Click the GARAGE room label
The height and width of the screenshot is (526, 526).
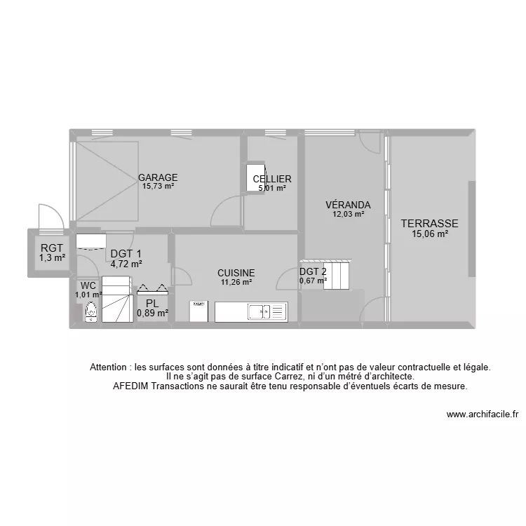158,177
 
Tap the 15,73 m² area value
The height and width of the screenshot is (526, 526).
158,187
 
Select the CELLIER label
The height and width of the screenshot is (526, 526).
272,180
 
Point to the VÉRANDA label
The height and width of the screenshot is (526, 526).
348,205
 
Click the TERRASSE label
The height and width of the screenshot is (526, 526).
429,224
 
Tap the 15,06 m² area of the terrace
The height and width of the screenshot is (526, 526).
429,235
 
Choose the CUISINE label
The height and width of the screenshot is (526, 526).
236,273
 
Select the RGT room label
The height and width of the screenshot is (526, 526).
52,248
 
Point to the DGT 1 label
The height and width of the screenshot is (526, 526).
126,255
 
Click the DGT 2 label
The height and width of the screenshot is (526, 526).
313,272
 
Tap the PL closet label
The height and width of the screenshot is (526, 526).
152,304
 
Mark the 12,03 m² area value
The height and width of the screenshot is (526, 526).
348,215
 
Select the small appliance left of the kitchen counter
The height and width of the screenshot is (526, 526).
198,311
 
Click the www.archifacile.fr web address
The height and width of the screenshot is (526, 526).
482,414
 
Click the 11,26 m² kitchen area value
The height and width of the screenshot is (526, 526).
236,282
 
